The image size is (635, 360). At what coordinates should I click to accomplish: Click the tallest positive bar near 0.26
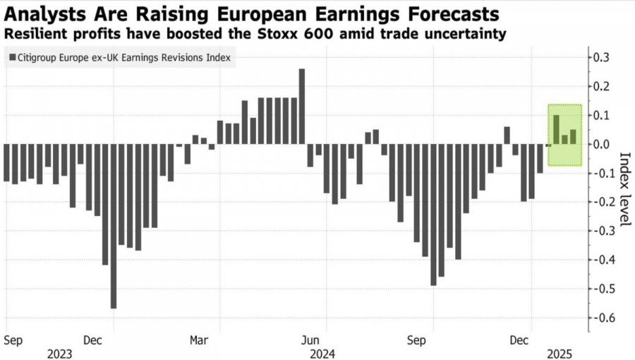(x=302, y=106)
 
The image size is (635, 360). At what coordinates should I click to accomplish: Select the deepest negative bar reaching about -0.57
(x=113, y=226)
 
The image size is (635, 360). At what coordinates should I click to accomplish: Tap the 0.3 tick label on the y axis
(x=601, y=57)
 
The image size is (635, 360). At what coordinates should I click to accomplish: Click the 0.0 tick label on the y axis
(x=601, y=144)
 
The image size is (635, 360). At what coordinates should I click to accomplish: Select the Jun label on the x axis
(x=317, y=340)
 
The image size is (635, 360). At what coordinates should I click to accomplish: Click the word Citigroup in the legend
(x=42, y=59)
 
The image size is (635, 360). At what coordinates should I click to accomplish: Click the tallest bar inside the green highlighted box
(x=557, y=129)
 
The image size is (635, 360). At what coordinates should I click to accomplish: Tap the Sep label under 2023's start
(x=13, y=340)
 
